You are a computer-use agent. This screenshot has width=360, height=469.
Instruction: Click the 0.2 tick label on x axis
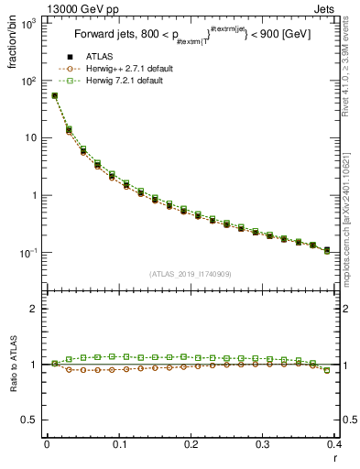[x=191, y=445]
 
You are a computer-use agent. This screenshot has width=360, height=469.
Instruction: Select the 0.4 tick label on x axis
[x=334, y=445]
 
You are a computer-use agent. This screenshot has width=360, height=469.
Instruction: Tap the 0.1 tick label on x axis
[x=119, y=445]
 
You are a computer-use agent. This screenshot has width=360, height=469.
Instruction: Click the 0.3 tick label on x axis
[x=263, y=445]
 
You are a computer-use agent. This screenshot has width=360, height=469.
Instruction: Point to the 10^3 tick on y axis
[x=29, y=24]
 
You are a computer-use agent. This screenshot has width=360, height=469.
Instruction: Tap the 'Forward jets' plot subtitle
[x=191, y=39]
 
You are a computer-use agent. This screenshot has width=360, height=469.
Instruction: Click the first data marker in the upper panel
[x=55, y=95]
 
